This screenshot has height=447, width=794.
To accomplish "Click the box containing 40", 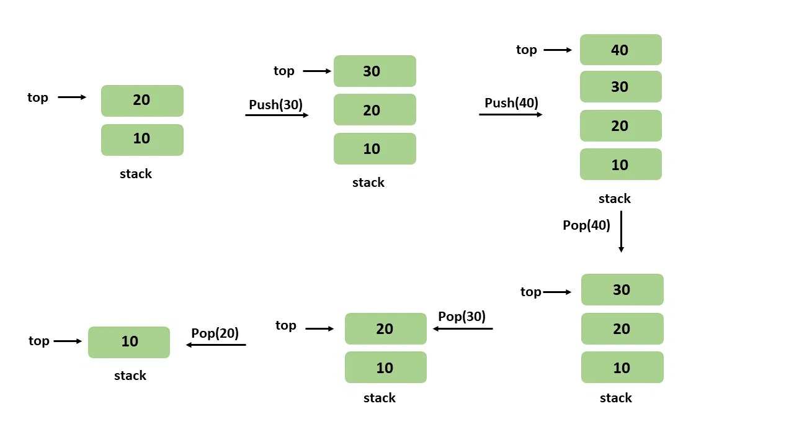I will click(620, 50).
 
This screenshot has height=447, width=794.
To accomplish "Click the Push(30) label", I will click(275, 104).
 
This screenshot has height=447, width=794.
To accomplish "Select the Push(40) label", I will click(511, 103).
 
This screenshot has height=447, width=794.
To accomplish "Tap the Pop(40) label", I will click(586, 225).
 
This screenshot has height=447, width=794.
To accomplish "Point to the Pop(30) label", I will click(462, 317).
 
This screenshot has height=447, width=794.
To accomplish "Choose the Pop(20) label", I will click(215, 333).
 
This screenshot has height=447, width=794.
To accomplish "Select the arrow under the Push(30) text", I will click(277, 115).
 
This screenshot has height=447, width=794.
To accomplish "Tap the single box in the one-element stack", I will click(129, 342).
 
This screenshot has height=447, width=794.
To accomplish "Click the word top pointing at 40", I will click(526, 50).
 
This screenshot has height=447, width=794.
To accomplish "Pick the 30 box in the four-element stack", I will click(620, 87).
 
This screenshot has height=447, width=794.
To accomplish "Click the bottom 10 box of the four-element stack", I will click(620, 165).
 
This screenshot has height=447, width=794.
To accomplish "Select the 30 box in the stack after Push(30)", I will click(375, 71).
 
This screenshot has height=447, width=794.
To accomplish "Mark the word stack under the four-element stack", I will click(614, 199).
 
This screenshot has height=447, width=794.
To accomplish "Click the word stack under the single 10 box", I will click(130, 376).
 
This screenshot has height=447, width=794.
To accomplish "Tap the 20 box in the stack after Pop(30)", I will click(385, 328).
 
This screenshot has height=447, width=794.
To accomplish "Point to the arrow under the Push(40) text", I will click(511, 114).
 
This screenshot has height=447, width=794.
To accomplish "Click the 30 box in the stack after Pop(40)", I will click(622, 290).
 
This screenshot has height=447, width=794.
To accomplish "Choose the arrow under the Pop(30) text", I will click(463, 328).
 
